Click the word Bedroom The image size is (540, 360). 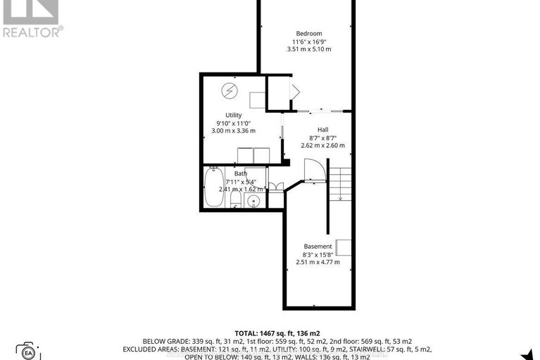tap(308, 34)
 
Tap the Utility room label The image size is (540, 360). tap(233, 116)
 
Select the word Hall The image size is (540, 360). tap(322, 129)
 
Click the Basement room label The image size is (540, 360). tap(318, 247)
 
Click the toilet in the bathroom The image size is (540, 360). tap(235, 200)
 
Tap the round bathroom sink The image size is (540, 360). tap(255, 202)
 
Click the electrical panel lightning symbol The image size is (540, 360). tap(230, 90)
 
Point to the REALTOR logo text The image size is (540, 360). tap(32, 31)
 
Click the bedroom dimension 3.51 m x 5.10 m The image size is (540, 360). tap(308, 49)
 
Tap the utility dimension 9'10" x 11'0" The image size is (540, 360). tap(233, 123)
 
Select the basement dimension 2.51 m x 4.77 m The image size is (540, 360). tap(318, 262)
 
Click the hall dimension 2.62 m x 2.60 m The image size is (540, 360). tap(322, 145)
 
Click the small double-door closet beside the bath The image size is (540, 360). tap(276, 188)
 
